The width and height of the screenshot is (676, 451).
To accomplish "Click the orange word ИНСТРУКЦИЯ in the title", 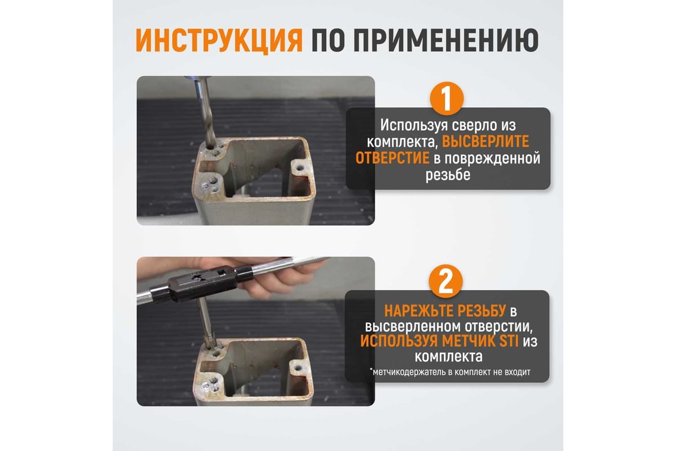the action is click(219, 41).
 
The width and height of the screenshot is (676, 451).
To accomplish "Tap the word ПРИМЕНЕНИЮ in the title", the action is click(446, 41).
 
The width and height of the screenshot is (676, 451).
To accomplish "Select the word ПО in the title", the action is click(328, 41).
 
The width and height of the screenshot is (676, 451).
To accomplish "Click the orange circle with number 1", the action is click(447, 99).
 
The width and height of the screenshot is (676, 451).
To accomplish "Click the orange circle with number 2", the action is click(446, 281).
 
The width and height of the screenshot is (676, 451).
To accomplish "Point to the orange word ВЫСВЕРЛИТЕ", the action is click(486, 142).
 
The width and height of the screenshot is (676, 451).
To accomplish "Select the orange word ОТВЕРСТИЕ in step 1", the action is click(392, 158).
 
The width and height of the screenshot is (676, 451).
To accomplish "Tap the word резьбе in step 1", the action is click(448, 175).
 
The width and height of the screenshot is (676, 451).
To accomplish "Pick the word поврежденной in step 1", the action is click(492, 158).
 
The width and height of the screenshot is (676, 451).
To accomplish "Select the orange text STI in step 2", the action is click(509, 341).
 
